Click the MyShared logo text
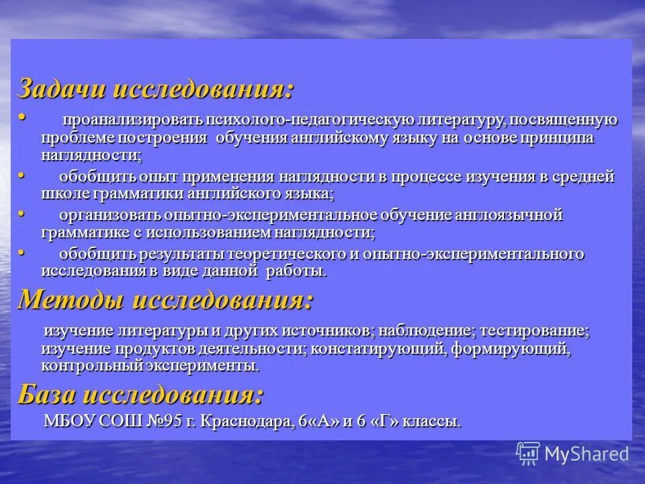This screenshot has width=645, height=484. (587, 453)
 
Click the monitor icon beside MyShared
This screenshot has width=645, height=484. (529, 453)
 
